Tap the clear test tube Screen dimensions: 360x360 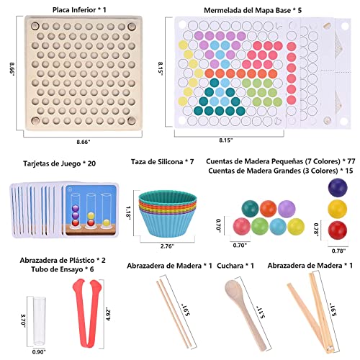coord(40,321)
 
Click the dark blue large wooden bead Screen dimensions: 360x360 coord(338,187)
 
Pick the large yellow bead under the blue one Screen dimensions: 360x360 coord(338,209)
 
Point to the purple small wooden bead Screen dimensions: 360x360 coord(287,209)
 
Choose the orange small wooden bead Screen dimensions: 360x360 coord(269,209)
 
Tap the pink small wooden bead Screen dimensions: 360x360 coord(242,226)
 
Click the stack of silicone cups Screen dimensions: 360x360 coord(168,213)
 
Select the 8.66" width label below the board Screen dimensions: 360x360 coord(84,142)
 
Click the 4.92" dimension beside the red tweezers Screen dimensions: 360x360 coord(108,314)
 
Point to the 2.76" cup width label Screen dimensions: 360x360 coord(167,246)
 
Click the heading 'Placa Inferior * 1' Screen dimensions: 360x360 coord(79,10)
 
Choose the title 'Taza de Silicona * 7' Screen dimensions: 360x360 coord(162,162)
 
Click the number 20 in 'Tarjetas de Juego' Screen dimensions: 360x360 coord(91,163)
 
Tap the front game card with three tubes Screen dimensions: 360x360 coord(91,211)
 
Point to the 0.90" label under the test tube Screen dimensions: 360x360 coord(39,352)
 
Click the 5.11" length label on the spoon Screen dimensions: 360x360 coord(261,312)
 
